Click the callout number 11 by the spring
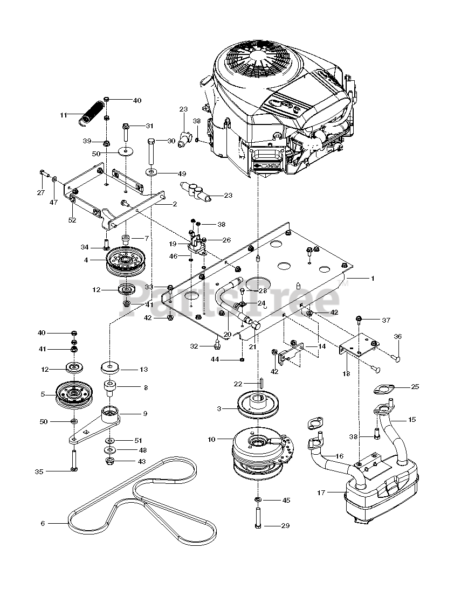point(63,114)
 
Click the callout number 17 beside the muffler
point(321,492)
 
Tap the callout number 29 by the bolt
point(285,526)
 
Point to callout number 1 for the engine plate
point(373,279)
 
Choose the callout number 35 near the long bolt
point(39,471)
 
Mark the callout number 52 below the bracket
point(72,220)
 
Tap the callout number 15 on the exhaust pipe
point(411,420)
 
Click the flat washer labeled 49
point(152,172)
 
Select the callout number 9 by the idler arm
point(145,413)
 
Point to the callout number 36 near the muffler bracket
point(397,337)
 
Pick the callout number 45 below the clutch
point(286,500)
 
